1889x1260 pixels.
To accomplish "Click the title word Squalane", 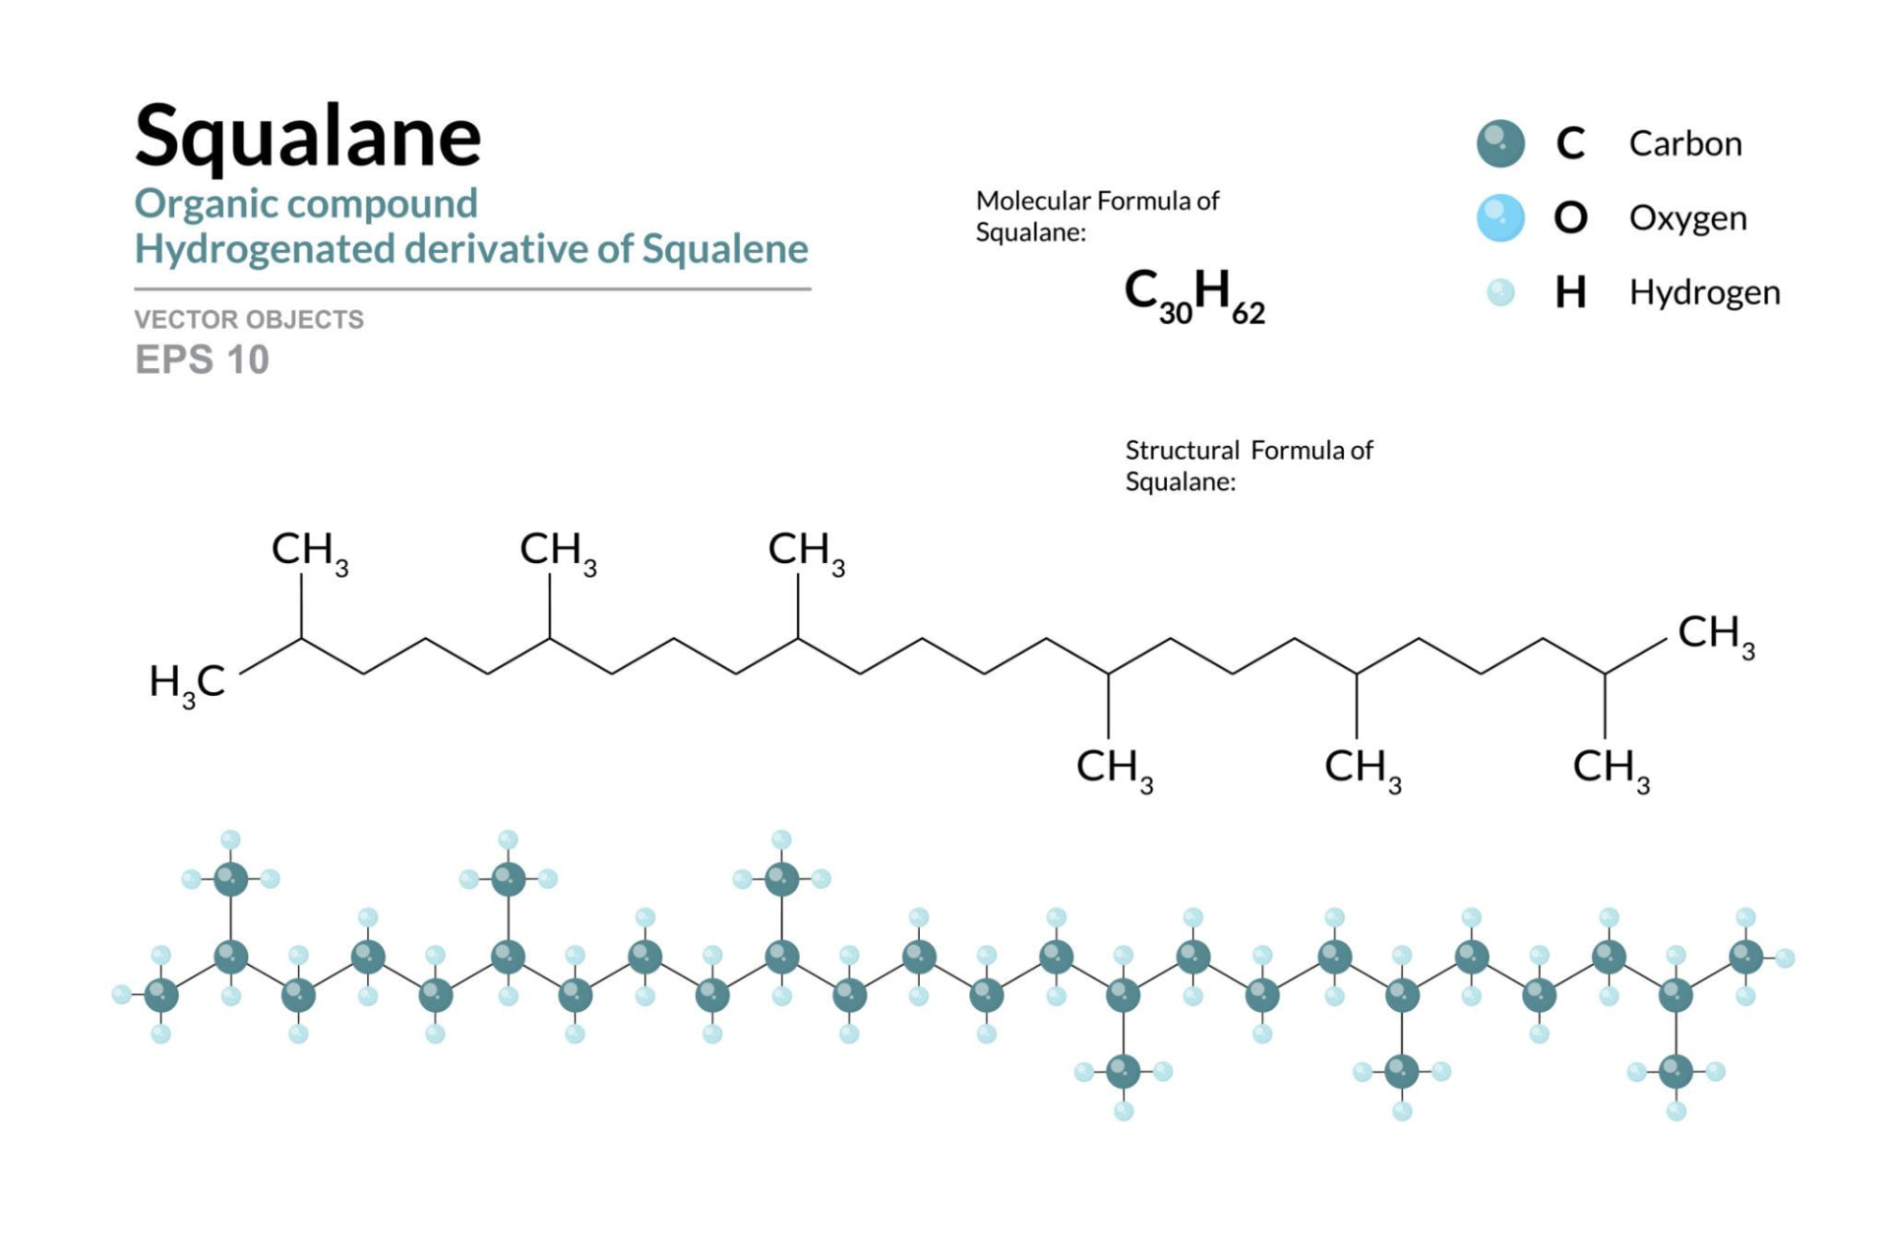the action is (308, 138).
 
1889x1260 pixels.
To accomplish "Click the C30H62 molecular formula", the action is (1194, 296).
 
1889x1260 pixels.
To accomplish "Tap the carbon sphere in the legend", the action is (1500, 144).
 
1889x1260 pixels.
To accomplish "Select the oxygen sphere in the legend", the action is (1500, 218).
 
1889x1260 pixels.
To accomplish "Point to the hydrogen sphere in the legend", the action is (1500, 292).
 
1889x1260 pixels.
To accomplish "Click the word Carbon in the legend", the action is (1685, 144).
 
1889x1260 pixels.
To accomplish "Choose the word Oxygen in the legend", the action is (1688, 219).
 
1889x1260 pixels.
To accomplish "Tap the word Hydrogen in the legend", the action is (1705, 293).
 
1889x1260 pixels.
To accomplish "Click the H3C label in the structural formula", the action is (187, 683).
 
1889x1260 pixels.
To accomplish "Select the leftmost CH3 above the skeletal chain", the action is (310, 551).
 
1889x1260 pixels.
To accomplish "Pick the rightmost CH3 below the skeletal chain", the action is (1611, 769).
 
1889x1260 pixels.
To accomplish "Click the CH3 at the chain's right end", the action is (1716, 635).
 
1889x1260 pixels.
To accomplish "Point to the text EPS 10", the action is (202, 360).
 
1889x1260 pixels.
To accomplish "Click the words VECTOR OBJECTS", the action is (249, 320).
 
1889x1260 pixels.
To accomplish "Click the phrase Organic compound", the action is (306, 205).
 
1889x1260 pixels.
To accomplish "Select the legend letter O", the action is (1570, 218).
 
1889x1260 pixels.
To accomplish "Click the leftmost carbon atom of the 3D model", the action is (161, 995).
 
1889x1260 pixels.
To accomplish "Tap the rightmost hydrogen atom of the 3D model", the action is (1785, 958).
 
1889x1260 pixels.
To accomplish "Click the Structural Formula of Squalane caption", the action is (1249, 466).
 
